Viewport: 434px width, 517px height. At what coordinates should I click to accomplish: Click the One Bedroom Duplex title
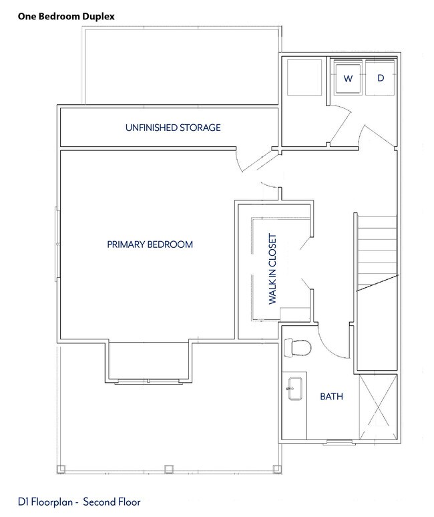(66, 17)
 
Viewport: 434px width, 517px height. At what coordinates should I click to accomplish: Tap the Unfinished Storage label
(173, 128)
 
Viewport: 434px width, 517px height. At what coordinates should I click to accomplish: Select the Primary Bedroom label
(150, 244)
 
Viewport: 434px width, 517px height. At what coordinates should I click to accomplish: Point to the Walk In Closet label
(272, 269)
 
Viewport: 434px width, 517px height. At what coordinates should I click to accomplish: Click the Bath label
(332, 396)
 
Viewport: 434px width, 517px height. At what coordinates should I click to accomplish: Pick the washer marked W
(348, 77)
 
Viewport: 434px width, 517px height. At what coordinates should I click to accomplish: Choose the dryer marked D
(380, 77)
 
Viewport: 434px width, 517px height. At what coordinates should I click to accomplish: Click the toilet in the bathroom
(297, 347)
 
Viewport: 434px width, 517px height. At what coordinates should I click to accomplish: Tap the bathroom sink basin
(295, 389)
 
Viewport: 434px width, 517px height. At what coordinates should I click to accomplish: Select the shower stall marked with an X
(378, 407)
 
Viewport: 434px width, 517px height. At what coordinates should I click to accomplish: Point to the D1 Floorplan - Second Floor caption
(79, 502)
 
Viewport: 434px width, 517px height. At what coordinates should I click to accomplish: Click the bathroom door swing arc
(330, 346)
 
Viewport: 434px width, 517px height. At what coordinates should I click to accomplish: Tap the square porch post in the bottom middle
(169, 468)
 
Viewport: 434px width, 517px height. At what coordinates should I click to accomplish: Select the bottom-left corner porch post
(61, 468)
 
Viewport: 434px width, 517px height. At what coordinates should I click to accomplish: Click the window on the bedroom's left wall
(57, 244)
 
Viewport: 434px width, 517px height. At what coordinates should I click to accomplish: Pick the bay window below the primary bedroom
(149, 381)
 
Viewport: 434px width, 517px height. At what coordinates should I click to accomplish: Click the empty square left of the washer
(304, 77)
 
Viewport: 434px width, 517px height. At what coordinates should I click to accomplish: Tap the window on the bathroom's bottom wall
(339, 442)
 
